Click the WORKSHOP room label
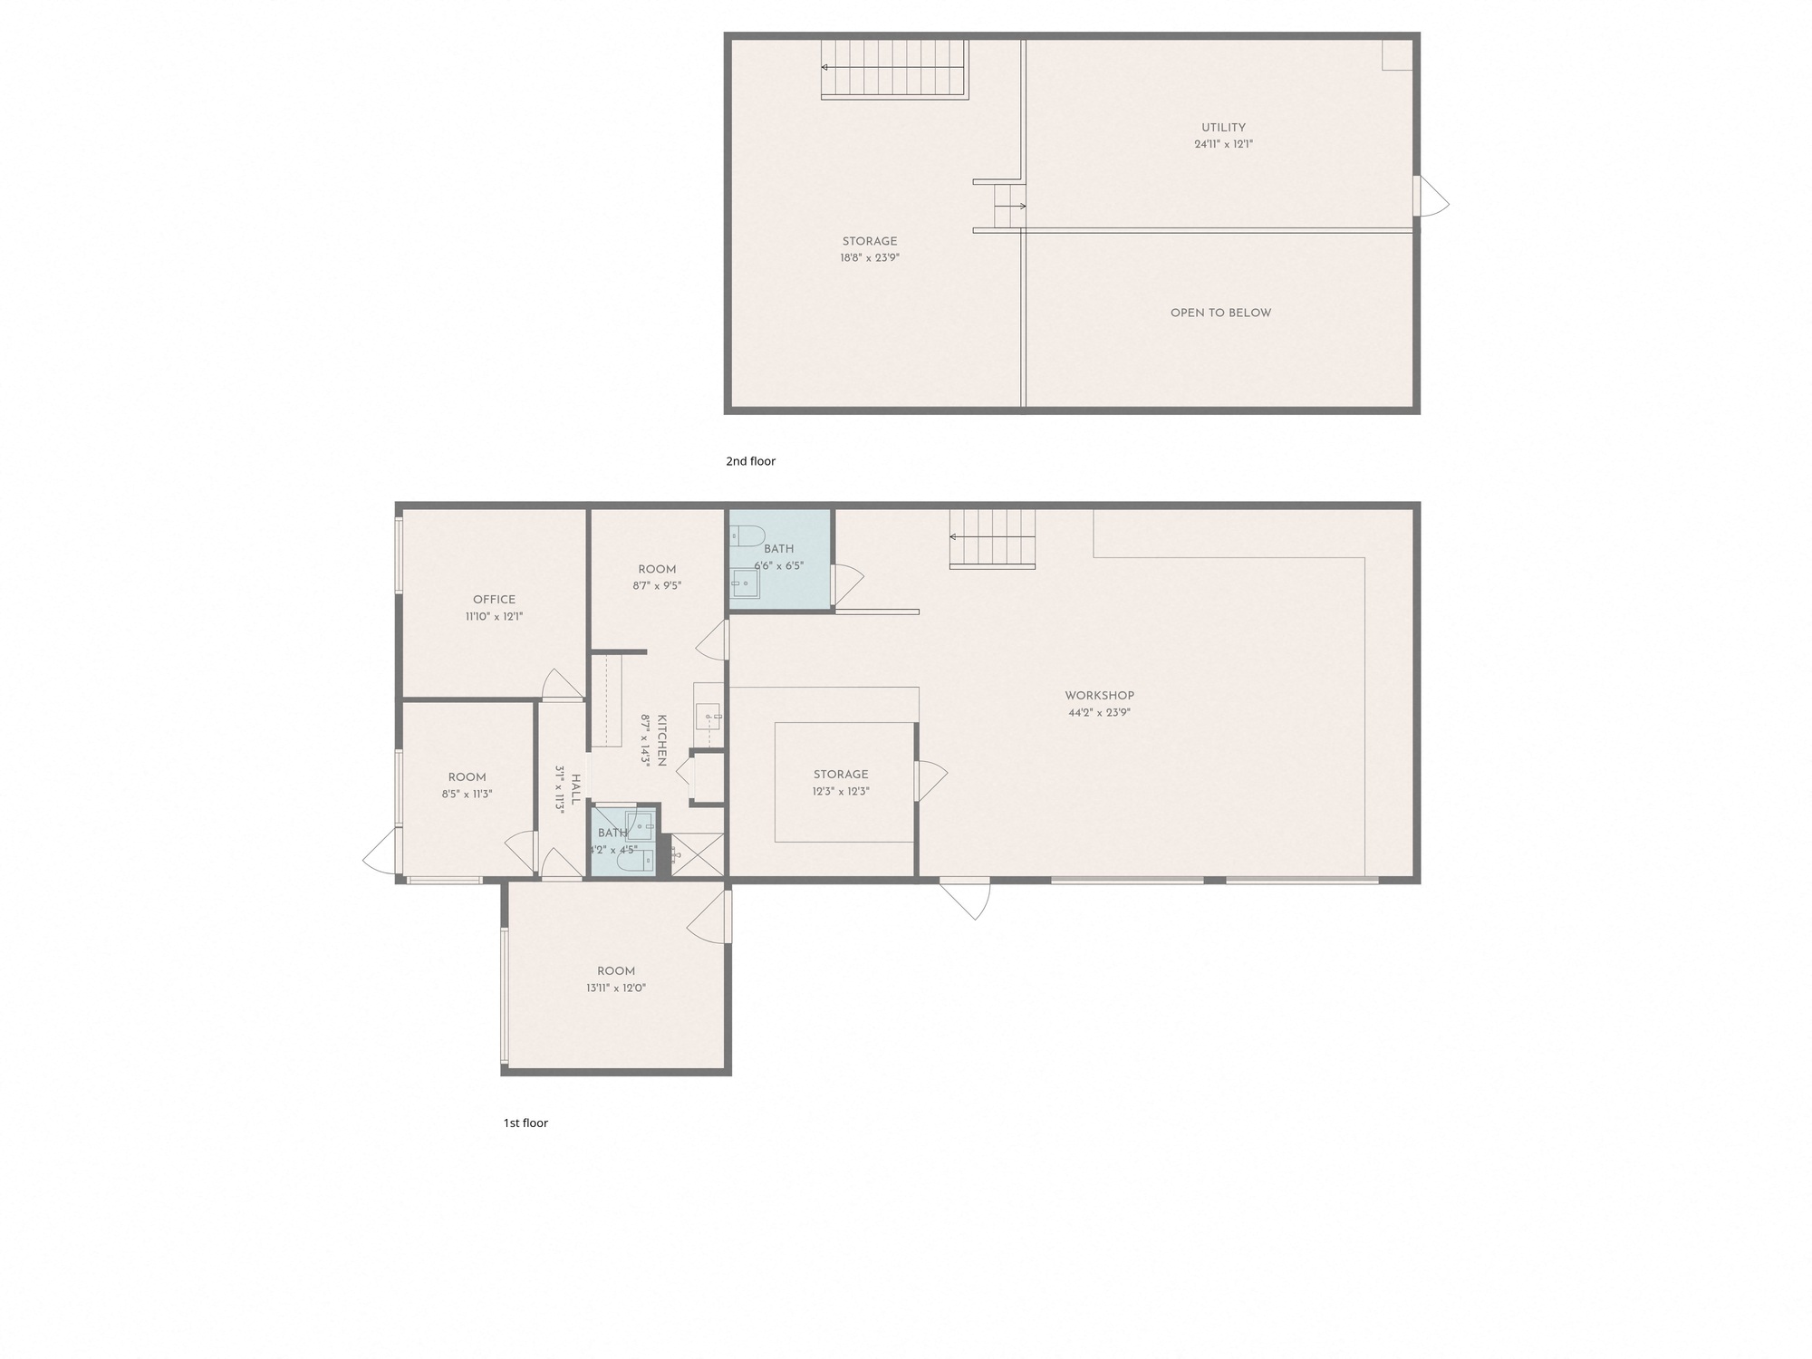pyautogui.click(x=1099, y=696)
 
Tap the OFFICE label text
pyautogui.click(x=494, y=600)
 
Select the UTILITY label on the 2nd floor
pyautogui.click(x=1223, y=128)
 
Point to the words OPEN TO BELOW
pyautogui.click(x=1220, y=313)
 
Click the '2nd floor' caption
pyautogui.click(x=750, y=461)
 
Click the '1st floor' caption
pyautogui.click(x=525, y=1123)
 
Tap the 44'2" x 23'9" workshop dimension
pyautogui.click(x=1099, y=712)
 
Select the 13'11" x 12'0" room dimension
pyautogui.click(x=616, y=988)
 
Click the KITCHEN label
pyautogui.click(x=661, y=740)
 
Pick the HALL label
pyautogui.click(x=574, y=789)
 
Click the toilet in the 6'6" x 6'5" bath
pyautogui.click(x=747, y=535)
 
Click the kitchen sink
pyautogui.click(x=708, y=716)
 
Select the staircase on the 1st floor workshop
pyautogui.click(x=992, y=539)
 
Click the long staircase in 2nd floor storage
pyautogui.click(x=895, y=69)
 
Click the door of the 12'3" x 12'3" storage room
pyautogui.click(x=931, y=780)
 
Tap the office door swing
pyautogui.click(x=562, y=685)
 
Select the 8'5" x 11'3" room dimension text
pyautogui.click(x=467, y=794)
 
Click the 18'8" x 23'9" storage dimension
pyautogui.click(x=870, y=257)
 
